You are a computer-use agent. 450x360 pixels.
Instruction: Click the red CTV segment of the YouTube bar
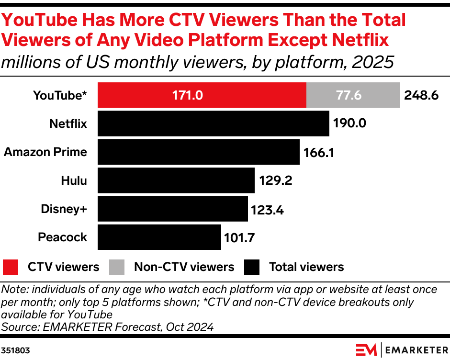pos(202,95)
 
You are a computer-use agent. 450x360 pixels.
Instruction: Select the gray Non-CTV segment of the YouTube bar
pos(353,95)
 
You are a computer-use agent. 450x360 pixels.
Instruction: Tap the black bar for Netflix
pos(214,124)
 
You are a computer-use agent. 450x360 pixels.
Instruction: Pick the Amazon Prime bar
pos(199,152)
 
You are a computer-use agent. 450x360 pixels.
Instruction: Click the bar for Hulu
pos(176,180)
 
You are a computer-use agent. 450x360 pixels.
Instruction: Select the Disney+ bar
pos(173,209)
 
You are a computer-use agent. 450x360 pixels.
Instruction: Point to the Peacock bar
pos(159,237)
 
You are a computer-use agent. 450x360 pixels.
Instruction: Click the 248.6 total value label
pos(421,95)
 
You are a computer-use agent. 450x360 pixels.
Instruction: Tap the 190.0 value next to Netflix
pos(349,124)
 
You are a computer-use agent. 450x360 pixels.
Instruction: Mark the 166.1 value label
pos(319,152)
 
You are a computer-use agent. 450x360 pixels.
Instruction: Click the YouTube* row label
pos(60,95)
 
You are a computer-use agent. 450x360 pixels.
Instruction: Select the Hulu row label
pos(74,180)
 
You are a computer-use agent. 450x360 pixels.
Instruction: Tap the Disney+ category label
pos(64,209)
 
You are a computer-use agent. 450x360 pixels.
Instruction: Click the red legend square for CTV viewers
pos(11,267)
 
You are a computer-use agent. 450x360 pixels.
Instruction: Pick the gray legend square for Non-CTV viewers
pos(117,267)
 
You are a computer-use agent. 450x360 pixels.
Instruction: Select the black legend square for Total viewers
pos(252,267)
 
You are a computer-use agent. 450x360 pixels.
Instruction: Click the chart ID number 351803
pos(15,350)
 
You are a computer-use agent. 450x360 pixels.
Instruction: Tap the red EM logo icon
pos(366,350)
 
